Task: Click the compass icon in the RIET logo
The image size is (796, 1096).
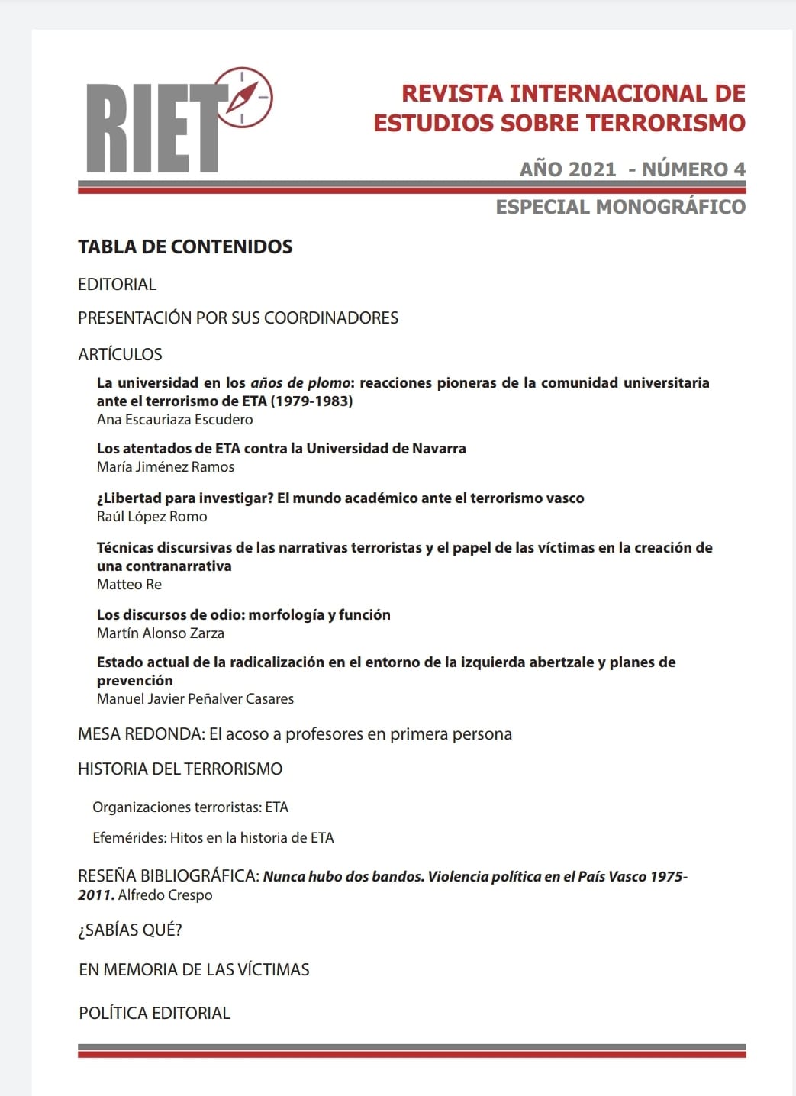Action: tap(244, 97)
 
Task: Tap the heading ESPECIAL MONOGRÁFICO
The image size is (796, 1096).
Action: tap(620, 207)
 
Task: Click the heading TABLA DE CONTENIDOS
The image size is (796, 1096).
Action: tap(185, 247)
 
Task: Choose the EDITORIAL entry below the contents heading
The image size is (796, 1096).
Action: tap(117, 285)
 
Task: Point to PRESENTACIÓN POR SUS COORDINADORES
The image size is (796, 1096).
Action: tap(238, 318)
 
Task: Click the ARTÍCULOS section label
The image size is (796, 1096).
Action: tap(120, 354)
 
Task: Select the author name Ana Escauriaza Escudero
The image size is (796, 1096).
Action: tap(175, 420)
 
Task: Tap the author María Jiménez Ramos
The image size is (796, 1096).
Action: tap(166, 467)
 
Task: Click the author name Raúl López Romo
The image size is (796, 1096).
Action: tap(152, 517)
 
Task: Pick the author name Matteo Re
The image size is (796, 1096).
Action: tap(129, 585)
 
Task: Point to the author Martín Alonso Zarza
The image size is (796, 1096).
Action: tap(160, 633)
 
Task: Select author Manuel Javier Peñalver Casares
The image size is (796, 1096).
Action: tap(195, 699)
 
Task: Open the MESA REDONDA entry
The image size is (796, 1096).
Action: tap(295, 734)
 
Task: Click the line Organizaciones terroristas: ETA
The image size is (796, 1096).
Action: tap(190, 807)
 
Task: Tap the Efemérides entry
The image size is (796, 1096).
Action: tap(213, 838)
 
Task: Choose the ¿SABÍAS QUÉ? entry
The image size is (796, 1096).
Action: tap(130, 930)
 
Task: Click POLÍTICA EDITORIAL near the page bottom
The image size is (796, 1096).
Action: tap(154, 1014)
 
